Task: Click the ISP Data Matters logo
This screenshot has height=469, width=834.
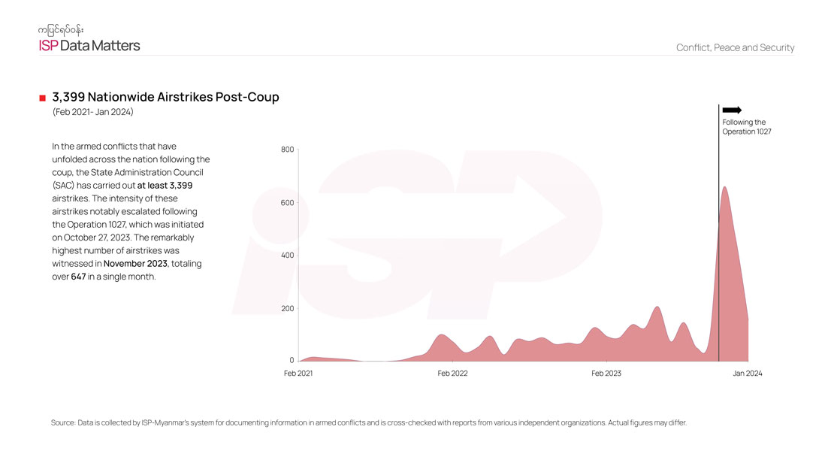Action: click(89, 39)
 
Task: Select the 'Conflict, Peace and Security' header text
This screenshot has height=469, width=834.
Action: click(735, 47)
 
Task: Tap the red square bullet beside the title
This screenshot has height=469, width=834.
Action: click(43, 98)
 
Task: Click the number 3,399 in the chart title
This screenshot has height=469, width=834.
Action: click(68, 97)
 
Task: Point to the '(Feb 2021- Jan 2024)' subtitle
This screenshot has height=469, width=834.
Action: click(92, 112)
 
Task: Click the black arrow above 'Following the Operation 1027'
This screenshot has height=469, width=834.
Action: click(732, 110)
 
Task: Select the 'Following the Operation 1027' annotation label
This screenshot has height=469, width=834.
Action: click(746, 127)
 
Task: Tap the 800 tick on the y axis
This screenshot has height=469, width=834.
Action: click(287, 150)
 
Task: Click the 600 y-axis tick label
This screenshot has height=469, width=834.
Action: click(287, 203)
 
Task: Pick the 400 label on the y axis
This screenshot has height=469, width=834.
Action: click(287, 256)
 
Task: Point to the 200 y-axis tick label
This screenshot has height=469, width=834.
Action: click(287, 309)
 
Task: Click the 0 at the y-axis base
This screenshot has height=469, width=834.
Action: click(292, 361)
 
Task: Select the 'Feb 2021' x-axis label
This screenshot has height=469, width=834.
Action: click(298, 374)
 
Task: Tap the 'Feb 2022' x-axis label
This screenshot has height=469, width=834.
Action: click(452, 374)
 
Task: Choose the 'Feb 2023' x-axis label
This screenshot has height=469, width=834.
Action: click(606, 374)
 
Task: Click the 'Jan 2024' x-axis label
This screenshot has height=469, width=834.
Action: click(748, 374)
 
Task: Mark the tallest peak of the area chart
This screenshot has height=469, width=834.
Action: click(724, 187)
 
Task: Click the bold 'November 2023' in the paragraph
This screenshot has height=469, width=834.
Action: click(135, 264)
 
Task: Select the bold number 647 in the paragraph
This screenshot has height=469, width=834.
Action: click(78, 277)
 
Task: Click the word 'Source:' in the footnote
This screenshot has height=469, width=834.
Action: click(63, 422)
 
